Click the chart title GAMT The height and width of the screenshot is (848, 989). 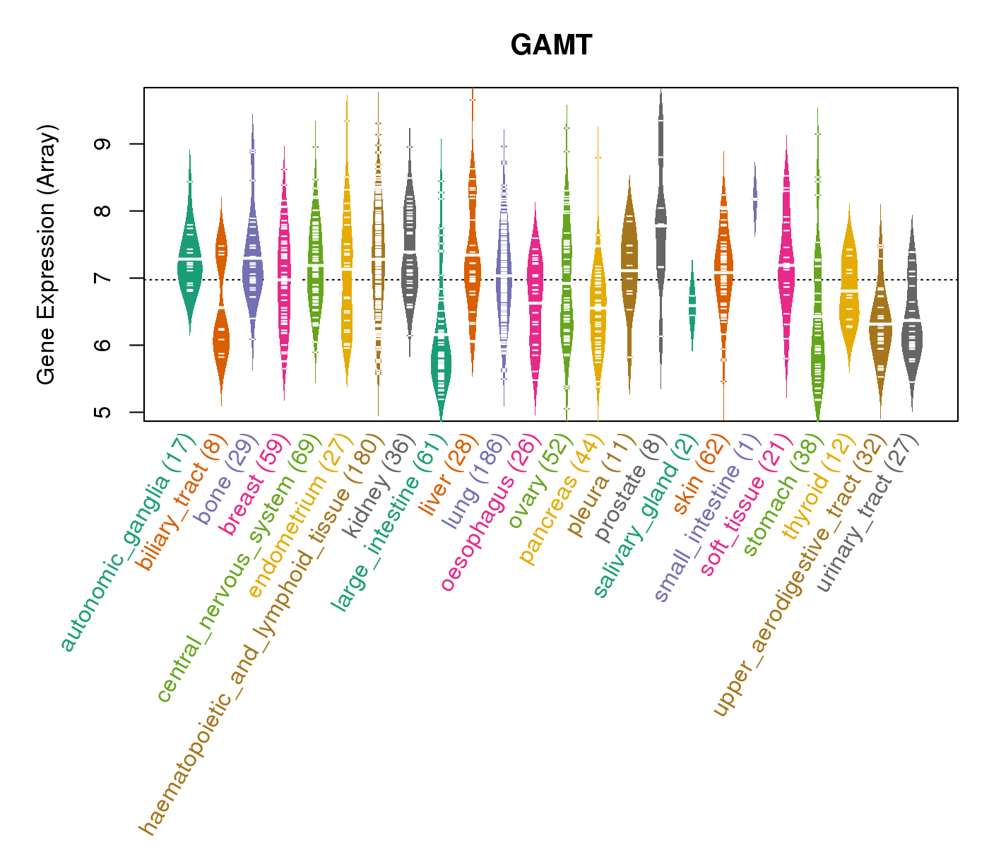[x=551, y=46]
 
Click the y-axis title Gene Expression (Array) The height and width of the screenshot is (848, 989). [x=47, y=254]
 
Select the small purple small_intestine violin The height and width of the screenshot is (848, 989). [x=754, y=198]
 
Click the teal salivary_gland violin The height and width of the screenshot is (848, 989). [x=692, y=304]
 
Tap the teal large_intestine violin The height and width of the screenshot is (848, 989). [x=442, y=360]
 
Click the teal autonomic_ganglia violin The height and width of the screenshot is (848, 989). [x=189, y=261]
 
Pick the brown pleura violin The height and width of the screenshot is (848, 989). [x=629, y=269]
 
